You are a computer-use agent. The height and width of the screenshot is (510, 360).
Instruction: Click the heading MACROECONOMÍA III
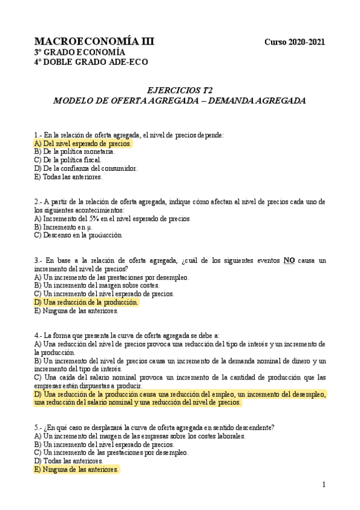click(94, 41)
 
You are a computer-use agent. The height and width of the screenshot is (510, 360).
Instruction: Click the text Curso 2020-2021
click(294, 42)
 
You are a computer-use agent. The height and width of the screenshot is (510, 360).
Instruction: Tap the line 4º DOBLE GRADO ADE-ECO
click(91, 62)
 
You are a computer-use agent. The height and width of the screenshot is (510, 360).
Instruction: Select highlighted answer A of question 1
click(82, 144)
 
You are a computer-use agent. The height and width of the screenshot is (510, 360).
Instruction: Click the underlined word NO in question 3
click(289, 260)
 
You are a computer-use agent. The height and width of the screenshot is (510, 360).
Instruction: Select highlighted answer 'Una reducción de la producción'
click(86, 303)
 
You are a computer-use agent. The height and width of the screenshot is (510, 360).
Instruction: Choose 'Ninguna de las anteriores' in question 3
click(76, 311)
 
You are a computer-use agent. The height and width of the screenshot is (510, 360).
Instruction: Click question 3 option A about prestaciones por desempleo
click(112, 277)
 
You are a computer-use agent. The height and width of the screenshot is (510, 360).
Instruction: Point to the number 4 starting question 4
click(37, 335)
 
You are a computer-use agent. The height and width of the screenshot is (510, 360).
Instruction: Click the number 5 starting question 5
click(37, 428)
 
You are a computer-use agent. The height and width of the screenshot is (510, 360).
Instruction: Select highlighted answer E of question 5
click(76, 469)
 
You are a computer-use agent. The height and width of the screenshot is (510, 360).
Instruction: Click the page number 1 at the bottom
click(323, 485)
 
